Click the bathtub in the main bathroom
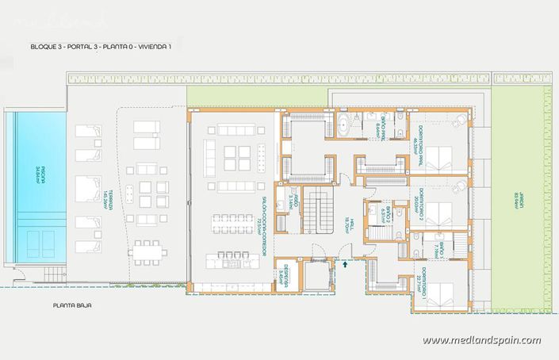click(346, 126)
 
